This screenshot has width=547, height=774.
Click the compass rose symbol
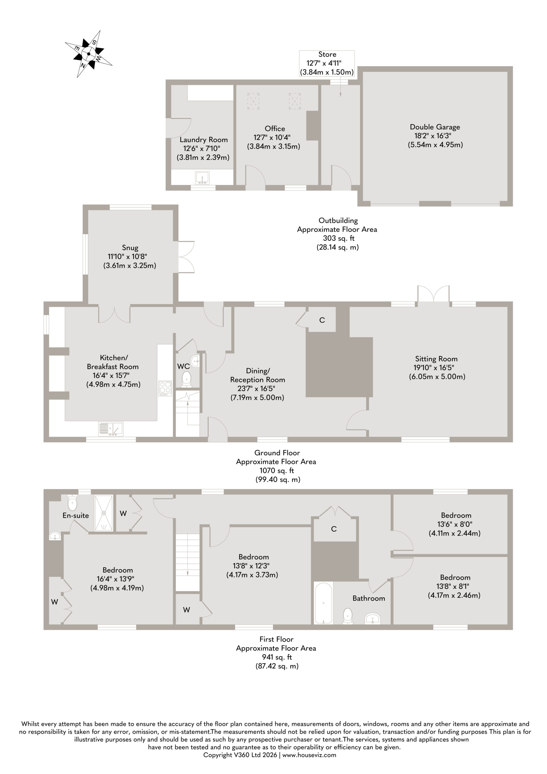tap(89, 54)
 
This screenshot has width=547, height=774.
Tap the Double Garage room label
tap(435, 127)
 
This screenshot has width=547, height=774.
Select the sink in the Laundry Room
tap(202, 178)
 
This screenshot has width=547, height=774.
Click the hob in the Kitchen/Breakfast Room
tap(165, 388)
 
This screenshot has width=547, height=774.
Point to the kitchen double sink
tap(111, 429)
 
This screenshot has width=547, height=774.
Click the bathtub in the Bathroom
tap(324, 603)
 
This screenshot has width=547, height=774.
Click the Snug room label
tap(130, 248)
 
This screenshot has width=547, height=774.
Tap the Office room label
tap(275, 128)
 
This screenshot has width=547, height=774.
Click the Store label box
tap(327, 63)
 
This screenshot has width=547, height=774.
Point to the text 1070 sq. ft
tap(277, 471)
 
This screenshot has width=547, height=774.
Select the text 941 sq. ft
tap(277, 657)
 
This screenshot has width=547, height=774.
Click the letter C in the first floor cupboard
tap(334, 529)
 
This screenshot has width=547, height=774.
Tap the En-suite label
tap(76, 515)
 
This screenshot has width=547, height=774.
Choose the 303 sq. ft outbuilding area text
tap(337, 238)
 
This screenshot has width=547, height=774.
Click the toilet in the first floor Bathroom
tap(347, 616)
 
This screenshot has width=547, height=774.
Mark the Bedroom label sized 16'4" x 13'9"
tap(118, 570)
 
